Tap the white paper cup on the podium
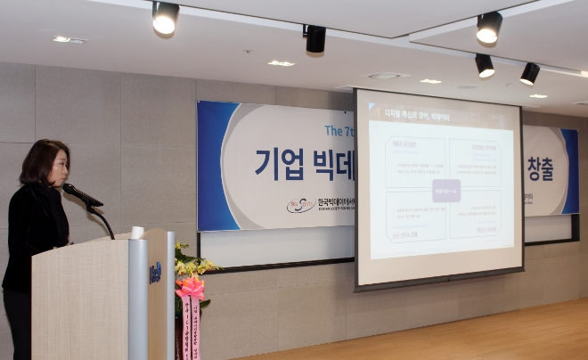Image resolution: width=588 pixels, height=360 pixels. (x=137, y=233)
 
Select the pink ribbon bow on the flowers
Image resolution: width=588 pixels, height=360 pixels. (x=190, y=288)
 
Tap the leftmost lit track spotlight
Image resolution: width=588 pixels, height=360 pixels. (x=165, y=18)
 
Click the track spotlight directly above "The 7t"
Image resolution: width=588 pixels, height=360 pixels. (x=314, y=38)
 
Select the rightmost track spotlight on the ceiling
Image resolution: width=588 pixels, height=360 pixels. (x=529, y=73)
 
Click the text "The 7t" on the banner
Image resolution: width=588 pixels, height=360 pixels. (x=339, y=130)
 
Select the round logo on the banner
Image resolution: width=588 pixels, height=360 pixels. (x=301, y=205)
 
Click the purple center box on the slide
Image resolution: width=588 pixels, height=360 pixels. (x=445, y=191)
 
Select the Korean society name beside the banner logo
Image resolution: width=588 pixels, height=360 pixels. (x=336, y=204)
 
